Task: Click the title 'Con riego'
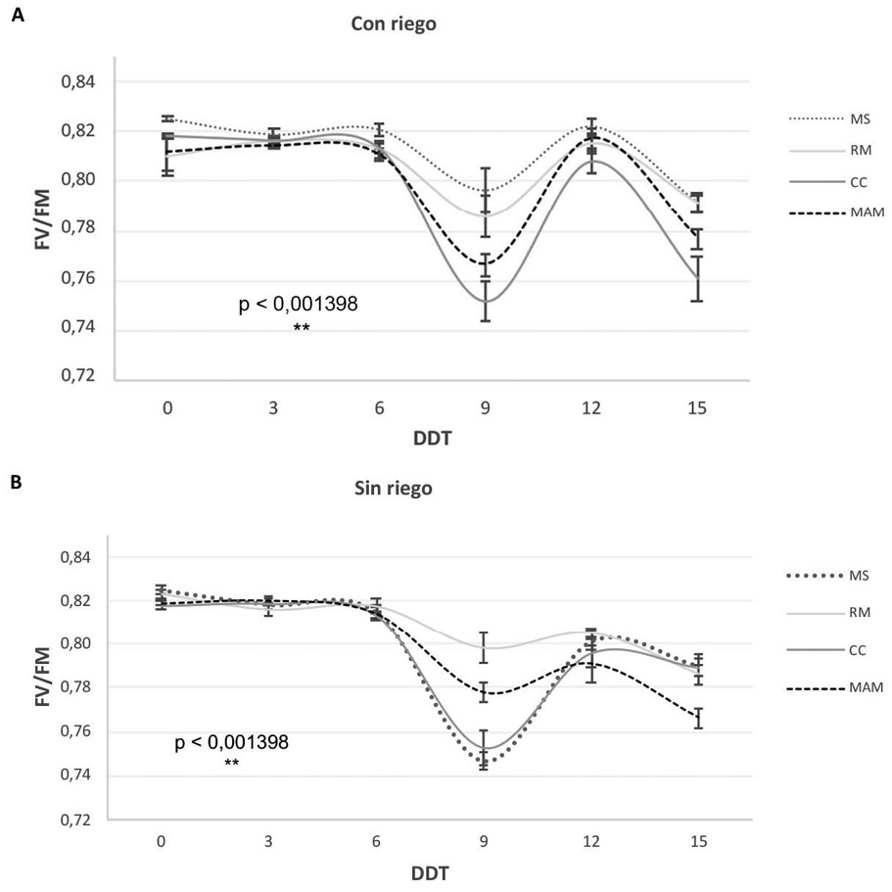click(394, 25)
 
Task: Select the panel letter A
click(18, 17)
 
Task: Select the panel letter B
click(18, 483)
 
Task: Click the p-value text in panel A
click(299, 305)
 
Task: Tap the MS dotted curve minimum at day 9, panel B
click(484, 764)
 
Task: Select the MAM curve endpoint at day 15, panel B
click(695, 719)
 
